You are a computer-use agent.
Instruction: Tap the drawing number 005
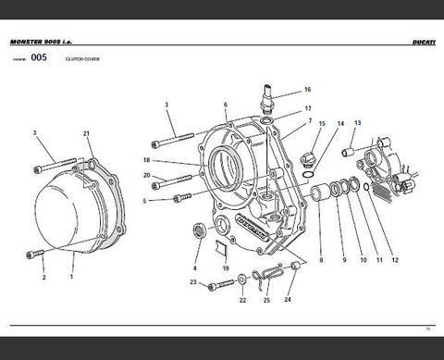pyautogui.click(x=38, y=57)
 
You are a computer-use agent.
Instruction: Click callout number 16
pyautogui.click(x=307, y=90)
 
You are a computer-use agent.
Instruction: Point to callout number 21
pyautogui.click(x=87, y=135)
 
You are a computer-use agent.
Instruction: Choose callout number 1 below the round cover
pyautogui.click(x=72, y=276)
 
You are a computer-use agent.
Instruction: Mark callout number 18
pyautogui.click(x=147, y=160)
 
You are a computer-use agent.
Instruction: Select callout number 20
pyautogui.click(x=147, y=175)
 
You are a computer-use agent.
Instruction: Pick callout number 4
pyautogui.click(x=195, y=269)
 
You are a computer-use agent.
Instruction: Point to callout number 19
pyautogui.click(x=225, y=269)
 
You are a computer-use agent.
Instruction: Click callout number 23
pyautogui.click(x=192, y=282)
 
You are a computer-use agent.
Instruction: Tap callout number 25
pyautogui.click(x=265, y=301)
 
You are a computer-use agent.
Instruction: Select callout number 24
pyautogui.click(x=288, y=301)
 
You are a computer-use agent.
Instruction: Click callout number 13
pyautogui.click(x=358, y=122)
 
